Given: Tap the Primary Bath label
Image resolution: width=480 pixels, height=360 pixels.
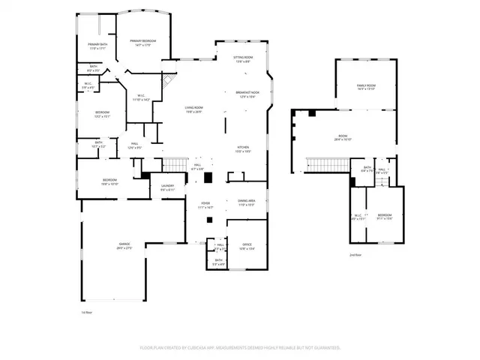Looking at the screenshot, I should click(x=98, y=46).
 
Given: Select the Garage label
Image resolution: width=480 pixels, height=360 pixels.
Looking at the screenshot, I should click(x=124, y=246).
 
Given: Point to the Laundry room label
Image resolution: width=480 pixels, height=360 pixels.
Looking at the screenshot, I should click(x=167, y=188).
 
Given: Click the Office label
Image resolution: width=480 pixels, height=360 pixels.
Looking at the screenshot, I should click(x=247, y=246).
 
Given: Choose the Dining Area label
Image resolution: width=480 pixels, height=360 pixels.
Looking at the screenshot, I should click(x=247, y=202).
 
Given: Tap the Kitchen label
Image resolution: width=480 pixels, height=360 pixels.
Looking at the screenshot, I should click(x=243, y=149).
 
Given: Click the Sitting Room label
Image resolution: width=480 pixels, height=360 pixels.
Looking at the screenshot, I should click(x=244, y=59).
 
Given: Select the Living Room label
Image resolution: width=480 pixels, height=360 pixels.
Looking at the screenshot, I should click(x=194, y=109).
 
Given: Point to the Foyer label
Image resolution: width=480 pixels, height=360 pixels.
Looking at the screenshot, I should click(x=205, y=204).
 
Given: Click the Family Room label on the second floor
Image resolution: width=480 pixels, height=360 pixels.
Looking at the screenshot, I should click(x=365, y=88).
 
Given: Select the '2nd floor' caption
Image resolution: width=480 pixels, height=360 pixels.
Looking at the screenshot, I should click(x=355, y=255).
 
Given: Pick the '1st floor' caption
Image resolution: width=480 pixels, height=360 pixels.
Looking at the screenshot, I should click(x=86, y=312).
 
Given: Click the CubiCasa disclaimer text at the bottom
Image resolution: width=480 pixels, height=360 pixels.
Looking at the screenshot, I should click(x=240, y=348).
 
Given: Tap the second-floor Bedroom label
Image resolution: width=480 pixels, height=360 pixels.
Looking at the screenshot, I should click(x=384, y=217).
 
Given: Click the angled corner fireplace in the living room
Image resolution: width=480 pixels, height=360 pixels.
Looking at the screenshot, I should click(x=171, y=81).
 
